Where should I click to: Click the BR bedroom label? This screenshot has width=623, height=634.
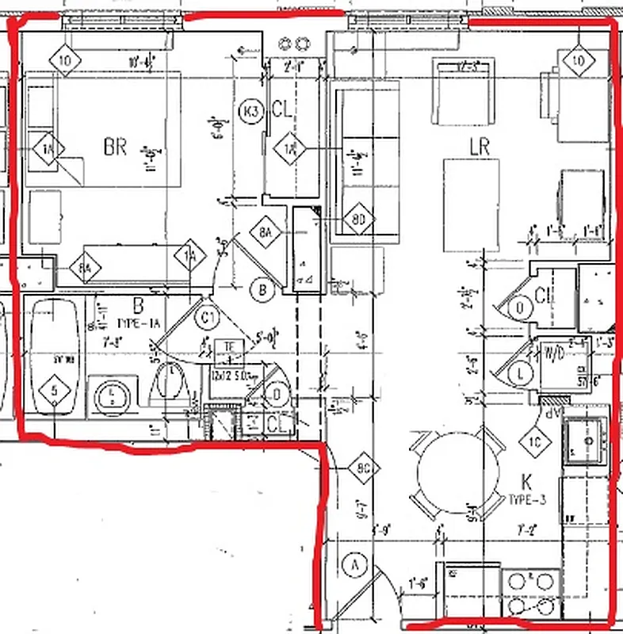pos(115,147)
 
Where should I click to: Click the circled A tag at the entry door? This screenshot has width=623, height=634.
pos(355,564)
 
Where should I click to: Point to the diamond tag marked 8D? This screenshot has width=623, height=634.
pos(358,218)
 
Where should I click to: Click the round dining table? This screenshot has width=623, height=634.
pos(455,474)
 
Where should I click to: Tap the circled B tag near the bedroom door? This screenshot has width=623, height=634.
pos(262,290)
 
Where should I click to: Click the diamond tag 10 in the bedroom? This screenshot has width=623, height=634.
pos(66,60)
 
